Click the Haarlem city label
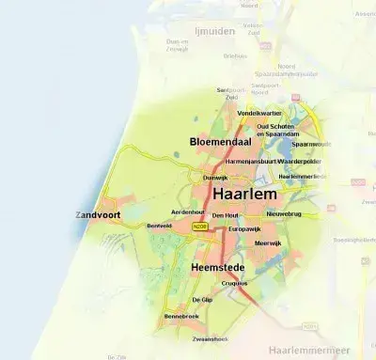click(244, 193)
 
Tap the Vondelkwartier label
click(259, 113)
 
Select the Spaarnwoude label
click(310, 144)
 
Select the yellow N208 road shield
click(197, 227)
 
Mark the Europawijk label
click(243, 228)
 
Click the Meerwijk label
click(268, 243)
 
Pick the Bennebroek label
click(181, 317)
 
